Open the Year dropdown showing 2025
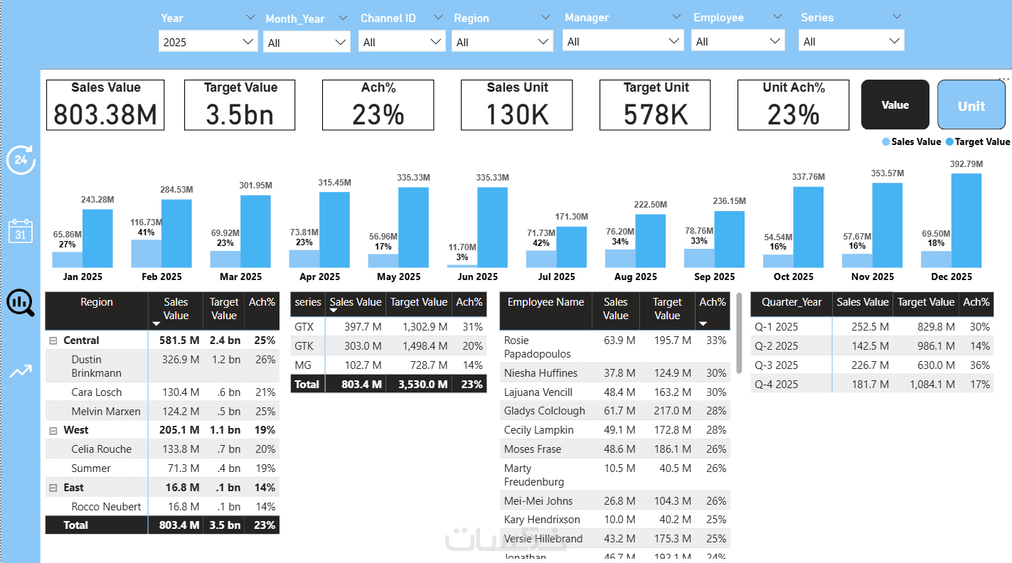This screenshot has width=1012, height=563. click(208, 42)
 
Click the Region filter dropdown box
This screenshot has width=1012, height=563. click(502, 43)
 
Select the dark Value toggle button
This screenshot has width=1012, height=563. click(895, 105)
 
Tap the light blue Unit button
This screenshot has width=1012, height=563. click(971, 106)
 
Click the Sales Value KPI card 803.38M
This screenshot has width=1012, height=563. click(105, 105)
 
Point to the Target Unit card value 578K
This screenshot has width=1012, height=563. click(656, 114)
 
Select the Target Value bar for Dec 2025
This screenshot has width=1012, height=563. click(966, 220)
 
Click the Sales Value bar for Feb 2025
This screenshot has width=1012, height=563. click(146, 253)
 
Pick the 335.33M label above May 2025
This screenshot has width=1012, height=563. click(412, 177)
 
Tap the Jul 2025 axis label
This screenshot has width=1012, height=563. click(555, 277)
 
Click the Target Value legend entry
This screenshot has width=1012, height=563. click(978, 141)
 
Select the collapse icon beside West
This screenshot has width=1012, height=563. click(53, 430)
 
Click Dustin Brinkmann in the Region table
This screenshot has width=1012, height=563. click(96, 366)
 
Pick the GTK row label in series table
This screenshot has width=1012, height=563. click(304, 345)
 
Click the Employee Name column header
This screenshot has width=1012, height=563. click(545, 302)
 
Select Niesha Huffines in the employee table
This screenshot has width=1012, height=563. click(540, 372)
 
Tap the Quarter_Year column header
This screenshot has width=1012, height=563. click(791, 302)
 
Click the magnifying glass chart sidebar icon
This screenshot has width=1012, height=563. click(20, 302)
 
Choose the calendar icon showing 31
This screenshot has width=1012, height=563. click(20, 232)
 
